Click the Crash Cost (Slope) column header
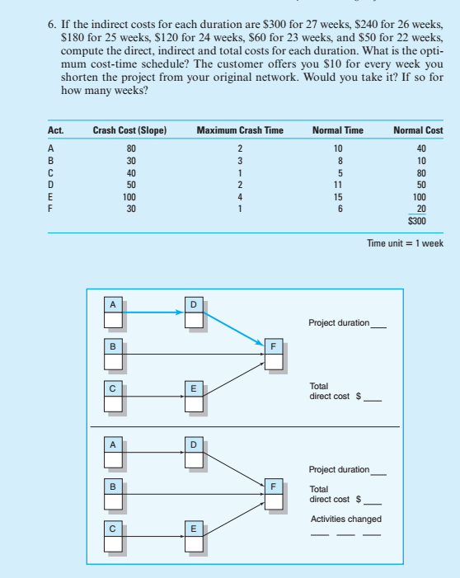tap(130, 130)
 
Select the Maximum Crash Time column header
tap(240, 130)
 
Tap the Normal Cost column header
tap(418, 130)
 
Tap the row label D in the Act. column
tap(51, 186)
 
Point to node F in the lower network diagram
tap(273, 492)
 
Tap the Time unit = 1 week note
tap(405, 242)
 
